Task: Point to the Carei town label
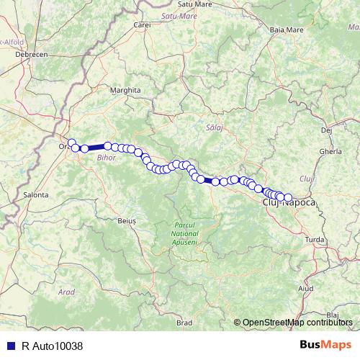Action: (142, 25)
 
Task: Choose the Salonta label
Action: (35, 194)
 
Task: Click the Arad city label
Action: (66, 292)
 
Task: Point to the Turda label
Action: (315, 239)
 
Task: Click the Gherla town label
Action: (330, 152)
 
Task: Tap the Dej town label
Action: (326, 130)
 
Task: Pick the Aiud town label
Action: (306, 288)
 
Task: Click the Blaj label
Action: (332, 315)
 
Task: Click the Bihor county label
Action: (106, 156)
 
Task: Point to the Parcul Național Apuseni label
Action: (185, 233)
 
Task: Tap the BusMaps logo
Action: (325, 346)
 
